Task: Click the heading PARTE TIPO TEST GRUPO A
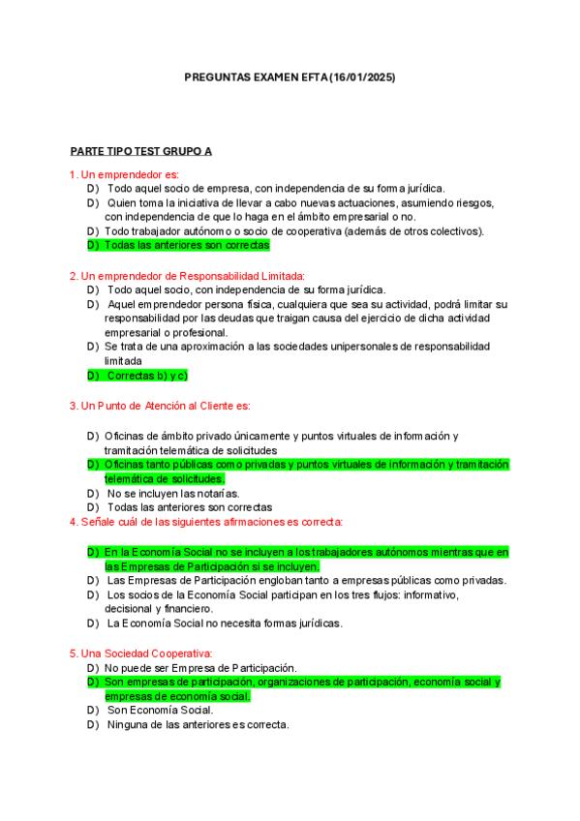141,152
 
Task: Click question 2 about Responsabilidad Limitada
187,276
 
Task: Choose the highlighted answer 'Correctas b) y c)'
145,375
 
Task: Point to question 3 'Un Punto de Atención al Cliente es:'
160,406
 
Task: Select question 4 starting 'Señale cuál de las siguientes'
205,523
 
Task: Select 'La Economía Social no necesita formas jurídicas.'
224,623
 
